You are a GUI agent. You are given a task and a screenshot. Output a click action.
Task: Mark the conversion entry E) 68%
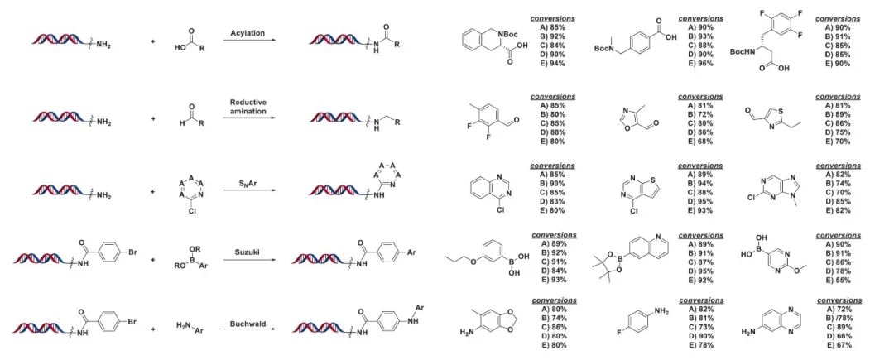pyautogui.click(x=696, y=140)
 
